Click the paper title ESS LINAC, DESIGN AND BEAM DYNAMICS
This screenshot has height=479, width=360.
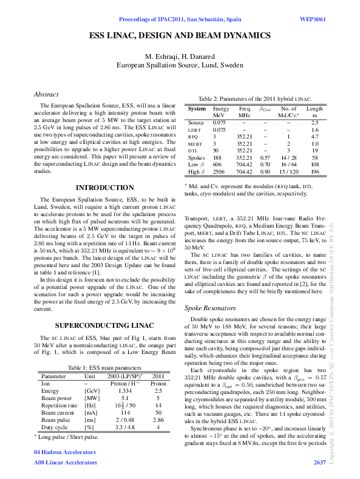pyautogui.click(x=180, y=36)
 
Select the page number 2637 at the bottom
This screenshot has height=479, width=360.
pyautogui.click(x=319, y=463)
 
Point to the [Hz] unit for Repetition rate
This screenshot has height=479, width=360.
pyautogui.click(x=89, y=404)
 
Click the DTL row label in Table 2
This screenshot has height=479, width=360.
pyautogui.click(x=193, y=149)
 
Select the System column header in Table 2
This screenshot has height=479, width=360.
pyautogui.click(x=197, y=108)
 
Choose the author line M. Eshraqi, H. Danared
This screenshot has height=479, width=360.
pyautogui.click(x=180, y=56)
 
